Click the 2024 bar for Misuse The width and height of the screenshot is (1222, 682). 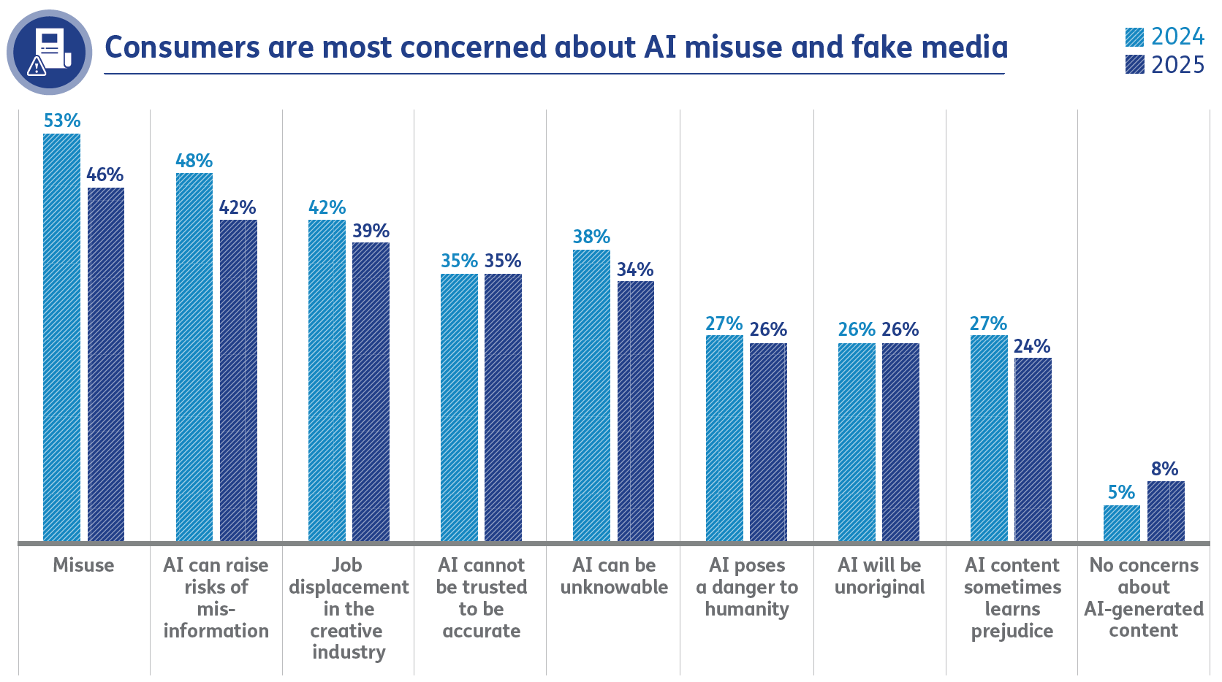pyautogui.click(x=61, y=337)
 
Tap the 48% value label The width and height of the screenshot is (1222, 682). pyautogui.click(x=194, y=161)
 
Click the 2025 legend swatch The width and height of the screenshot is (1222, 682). pyautogui.click(x=1134, y=65)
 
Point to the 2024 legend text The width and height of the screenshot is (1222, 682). pyautogui.click(x=1177, y=37)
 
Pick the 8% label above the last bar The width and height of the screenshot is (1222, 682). pyautogui.click(x=1164, y=469)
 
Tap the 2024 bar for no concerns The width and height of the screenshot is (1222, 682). pyautogui.click(x=1121, y=523)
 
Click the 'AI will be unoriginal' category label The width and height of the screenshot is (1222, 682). pyautogui.click(x=879, y=576)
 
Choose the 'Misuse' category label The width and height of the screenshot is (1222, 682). pyautogui.click(x=83, y=565)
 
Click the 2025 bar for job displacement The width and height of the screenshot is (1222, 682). pyautogui.click(x=371, y=391)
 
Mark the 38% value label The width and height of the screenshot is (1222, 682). pyautogui.click(x=591, y=237)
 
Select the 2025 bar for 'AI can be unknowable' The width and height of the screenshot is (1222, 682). pyautogui.click(x=635, y=410)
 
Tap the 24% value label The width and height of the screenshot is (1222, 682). pyautogui.click(x=1031, y=346)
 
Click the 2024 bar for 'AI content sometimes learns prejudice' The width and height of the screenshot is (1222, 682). pyautogui.click(x=988, y=437)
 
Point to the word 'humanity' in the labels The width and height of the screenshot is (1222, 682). pyautogui.click(x=746, y=609)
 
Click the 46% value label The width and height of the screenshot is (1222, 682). pyautogui.click(x=105, y=175)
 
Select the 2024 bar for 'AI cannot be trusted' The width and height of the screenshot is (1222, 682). pyautogui.click(x=459, y=407)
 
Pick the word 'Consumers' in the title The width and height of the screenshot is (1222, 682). pyautogui.click(x=182, y=47)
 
